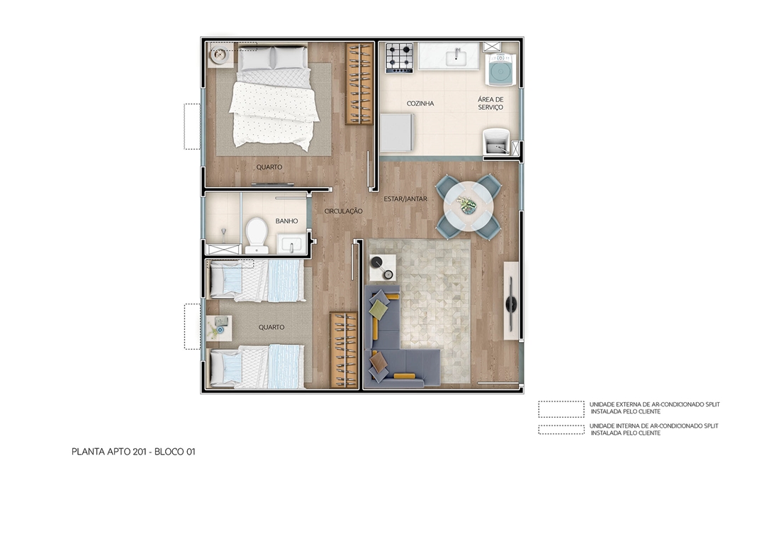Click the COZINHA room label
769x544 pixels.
click(x=420, y=104)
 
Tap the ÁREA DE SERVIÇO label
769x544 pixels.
click(x=490, y=104)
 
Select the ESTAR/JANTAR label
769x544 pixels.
click(x=405, y=199)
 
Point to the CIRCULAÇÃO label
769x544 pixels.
click(x=344, y=211)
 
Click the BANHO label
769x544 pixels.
click(x=286, y=221)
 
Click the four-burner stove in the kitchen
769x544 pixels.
click(x=400, y=57)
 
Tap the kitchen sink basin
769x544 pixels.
click(x=455, y=56)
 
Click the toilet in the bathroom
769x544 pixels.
click(x=255, y=235)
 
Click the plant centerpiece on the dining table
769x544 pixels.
click(x=468, y=206)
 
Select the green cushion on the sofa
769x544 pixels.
click(x=379, y=309)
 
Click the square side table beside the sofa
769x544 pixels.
click(x=383, y=268)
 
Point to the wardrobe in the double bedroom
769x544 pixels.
click(x=359, y=84)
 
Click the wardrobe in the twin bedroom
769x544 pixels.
click(x=344, y=350)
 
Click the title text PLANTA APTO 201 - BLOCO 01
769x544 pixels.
click(x=133, y=451)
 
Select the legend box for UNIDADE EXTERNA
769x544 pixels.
click(x=561, y=409)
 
